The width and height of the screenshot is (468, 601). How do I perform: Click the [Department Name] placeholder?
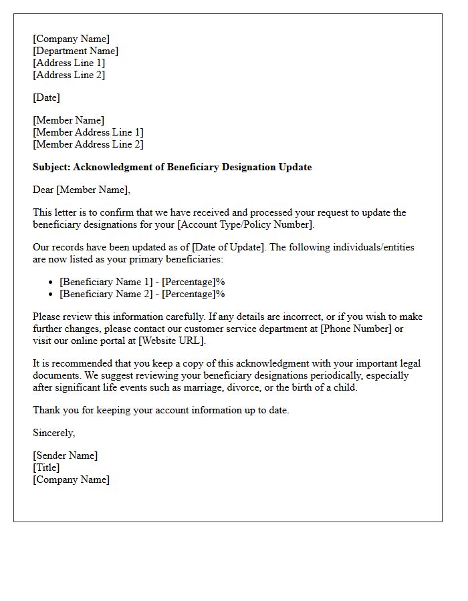pyautogui.click(x=76, y=51)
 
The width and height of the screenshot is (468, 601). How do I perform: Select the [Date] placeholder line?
pyautogui.click(x=46, y=97)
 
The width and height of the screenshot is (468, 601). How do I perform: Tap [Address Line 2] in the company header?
pyautogui.click(x=69, y=75)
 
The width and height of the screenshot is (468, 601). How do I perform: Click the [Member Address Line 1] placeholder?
pyautogui.click(x=88, y=132)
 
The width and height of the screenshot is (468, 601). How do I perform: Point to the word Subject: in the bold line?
pyautogui.click(x=51, y=167)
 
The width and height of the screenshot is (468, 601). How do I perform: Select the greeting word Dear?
pyautogui.click(x=43, y=190)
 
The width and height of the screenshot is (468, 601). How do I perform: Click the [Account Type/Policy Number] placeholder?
pyautogui.click(x=245, y=224)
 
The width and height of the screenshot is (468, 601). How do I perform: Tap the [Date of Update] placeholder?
pyautogui.click(x=229, y=247)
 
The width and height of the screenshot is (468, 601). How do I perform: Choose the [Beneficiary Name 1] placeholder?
pyautogui.click(x=106, y=282)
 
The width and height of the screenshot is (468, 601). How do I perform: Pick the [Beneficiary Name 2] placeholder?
pyautogui.click(x=106, y=294)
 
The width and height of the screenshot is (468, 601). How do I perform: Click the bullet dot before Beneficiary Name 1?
pyautogui.click(x=51, y=282)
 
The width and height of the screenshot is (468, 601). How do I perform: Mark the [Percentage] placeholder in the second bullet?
pyautogui.click(x=189, y=294)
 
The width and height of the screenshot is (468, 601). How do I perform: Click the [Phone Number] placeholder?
pyautogui.click(x=357, y=329)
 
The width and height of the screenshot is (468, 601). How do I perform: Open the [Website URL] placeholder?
pyautogui.click(x=171, y=341)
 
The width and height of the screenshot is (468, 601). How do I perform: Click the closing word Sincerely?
pyautogui.click(x=53, y=433)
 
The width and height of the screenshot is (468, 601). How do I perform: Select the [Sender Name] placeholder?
pyautogui.click(x=66, y=455)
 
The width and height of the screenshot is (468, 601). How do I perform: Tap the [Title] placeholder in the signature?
pyautogui.click(x=46, y=467)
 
